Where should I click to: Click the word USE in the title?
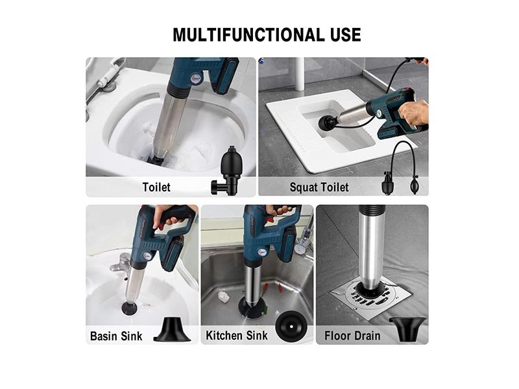click(346, 35)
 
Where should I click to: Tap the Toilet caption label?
click(156, 187)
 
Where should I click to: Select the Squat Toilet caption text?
click(319, 187)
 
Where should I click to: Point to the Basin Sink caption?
click(116, 336)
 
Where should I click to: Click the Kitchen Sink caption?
click(236, 335)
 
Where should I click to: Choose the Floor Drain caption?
click(352, 336)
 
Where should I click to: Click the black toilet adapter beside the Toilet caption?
click(226, 171)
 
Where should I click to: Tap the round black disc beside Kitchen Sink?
click(291, 327)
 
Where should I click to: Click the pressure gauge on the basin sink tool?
click(147, 256)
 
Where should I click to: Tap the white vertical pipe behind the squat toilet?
click(300, 74)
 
